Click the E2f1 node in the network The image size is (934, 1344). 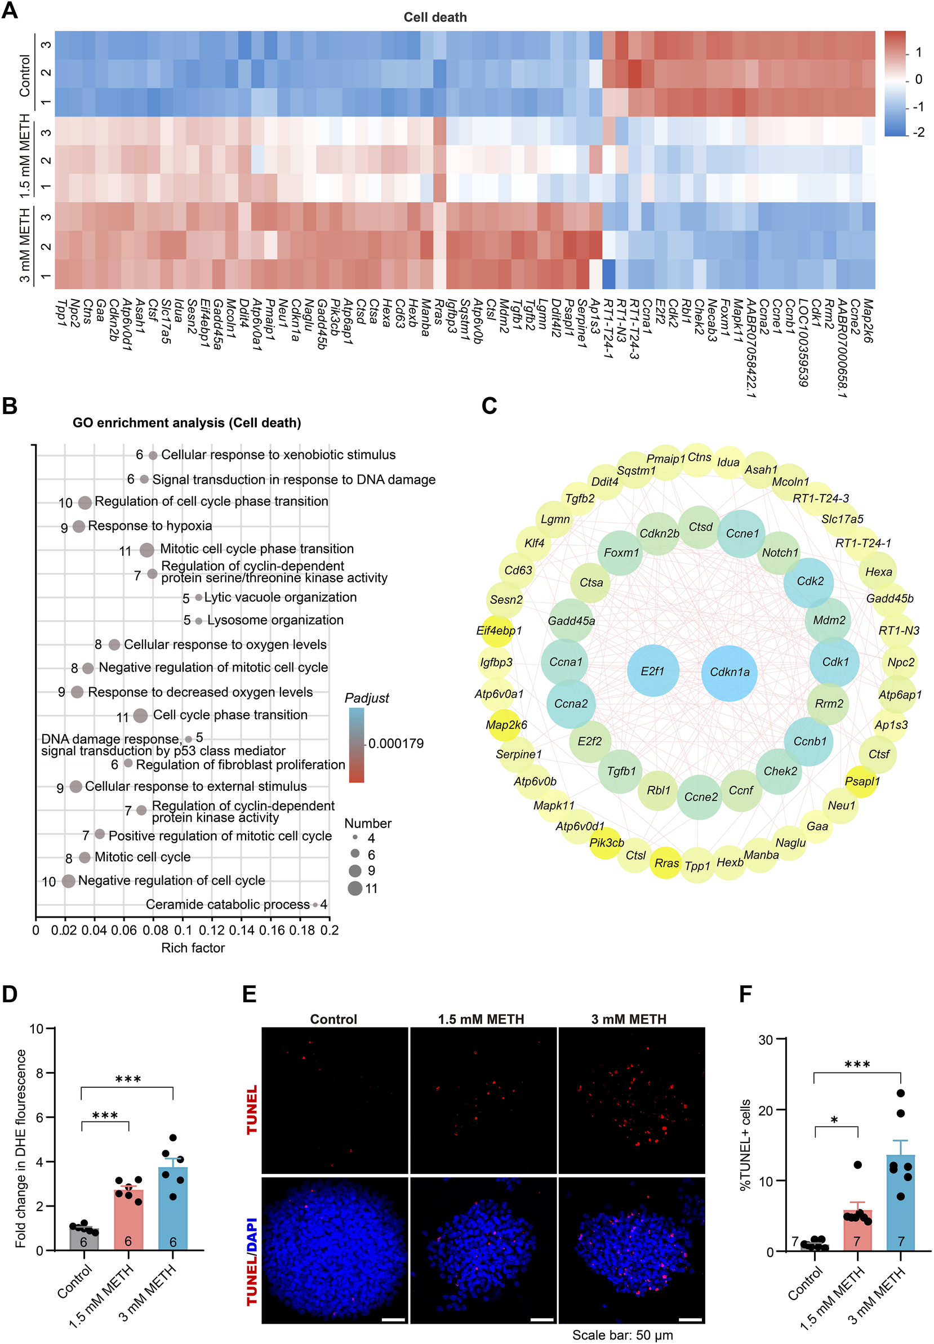(652, 671)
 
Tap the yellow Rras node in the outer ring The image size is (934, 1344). (666, 863)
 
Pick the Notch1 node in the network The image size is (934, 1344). (779, 553)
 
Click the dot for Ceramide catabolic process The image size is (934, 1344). (315, 905)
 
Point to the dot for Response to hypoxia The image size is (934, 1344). (79, 527)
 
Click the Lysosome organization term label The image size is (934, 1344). (275, 620)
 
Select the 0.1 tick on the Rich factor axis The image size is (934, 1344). (183, 931)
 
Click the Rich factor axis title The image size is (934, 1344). (193, 948)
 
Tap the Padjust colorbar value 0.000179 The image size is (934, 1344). (395, 744)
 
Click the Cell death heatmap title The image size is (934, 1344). (435, 17)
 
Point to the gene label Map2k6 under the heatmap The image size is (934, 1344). (868, 321)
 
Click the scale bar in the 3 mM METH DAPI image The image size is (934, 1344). (691, 1319)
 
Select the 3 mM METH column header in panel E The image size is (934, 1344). (629, 1019)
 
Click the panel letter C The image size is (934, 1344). (489, 406)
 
